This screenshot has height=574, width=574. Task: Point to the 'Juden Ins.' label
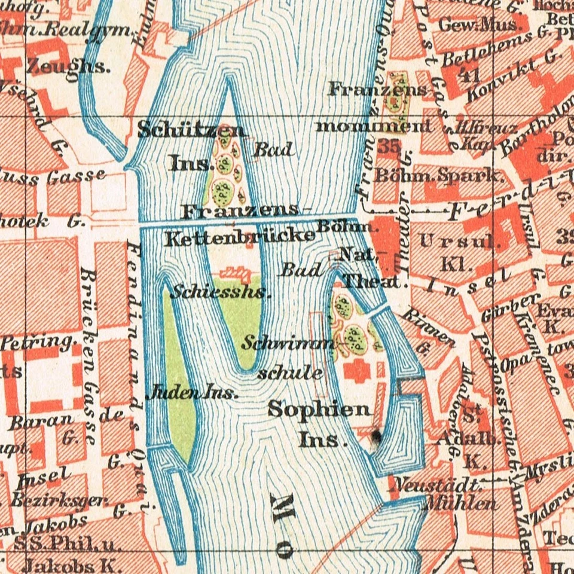click(x=192, y=393)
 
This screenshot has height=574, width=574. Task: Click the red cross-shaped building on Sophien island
click(x=357, y=371)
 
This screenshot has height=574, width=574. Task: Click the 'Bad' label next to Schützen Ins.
click(x=274, y=149)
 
